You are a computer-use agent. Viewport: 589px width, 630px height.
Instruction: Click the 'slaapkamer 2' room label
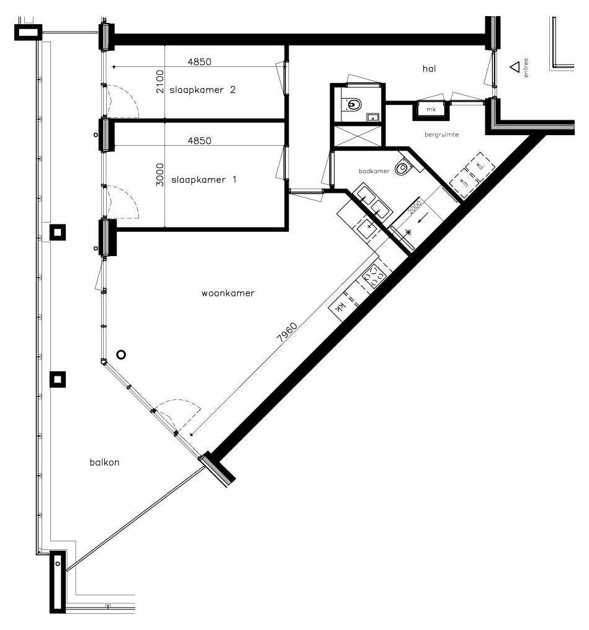click(202, 89)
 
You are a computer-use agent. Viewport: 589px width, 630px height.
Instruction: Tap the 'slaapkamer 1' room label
click(204, 180)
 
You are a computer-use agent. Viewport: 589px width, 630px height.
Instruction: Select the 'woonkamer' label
click(228, 293)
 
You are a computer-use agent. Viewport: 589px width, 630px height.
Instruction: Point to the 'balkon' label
click(104, 463)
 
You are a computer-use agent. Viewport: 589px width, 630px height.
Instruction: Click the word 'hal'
click(429, 69)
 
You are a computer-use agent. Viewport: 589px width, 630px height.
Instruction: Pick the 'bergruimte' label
click(441, 135)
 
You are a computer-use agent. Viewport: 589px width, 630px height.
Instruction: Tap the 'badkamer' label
click(374, 171)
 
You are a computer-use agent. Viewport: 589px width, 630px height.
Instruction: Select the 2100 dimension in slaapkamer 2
click(160, 82)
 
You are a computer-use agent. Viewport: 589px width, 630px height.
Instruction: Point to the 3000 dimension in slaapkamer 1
click(160, 174)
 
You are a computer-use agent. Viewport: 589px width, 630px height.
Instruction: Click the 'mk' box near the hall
click(431, 109)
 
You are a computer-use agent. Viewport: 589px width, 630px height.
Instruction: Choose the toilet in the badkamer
click(402, 167)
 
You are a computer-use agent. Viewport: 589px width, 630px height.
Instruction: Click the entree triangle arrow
click(515, 67)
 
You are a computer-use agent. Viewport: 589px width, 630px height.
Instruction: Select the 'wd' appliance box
click(480, 166)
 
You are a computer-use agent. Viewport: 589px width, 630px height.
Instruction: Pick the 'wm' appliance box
click(464, 183)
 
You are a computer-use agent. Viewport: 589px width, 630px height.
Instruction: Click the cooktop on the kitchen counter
click(374, 276)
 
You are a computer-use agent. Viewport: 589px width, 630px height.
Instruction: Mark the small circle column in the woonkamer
click(121, 355)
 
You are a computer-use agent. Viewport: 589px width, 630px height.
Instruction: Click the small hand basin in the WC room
click(372, 117)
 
